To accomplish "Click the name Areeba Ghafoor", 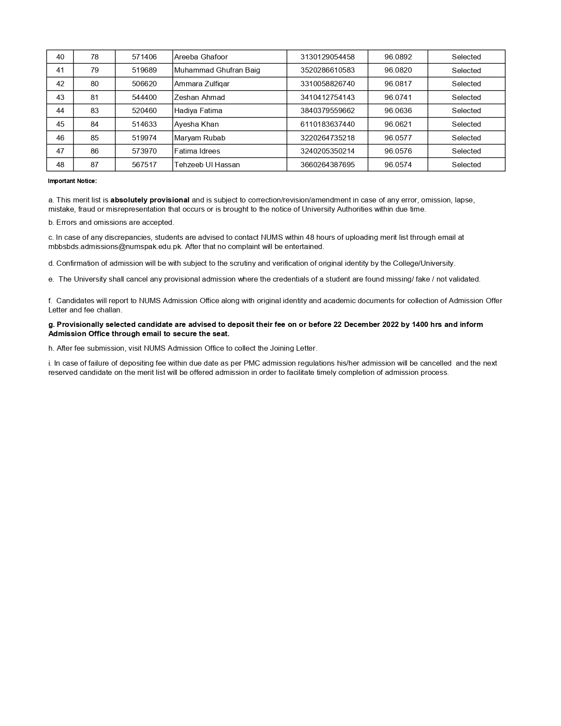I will [x=201, y=57].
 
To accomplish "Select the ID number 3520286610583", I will [x=327, y=70].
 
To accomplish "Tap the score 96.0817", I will [x=398, y=84].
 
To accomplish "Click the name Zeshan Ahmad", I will [x=199, y=97].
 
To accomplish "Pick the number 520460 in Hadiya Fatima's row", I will [x=144, y=110].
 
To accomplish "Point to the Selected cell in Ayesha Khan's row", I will [x=466, y=124].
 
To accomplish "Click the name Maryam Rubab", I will [x=200, y=138].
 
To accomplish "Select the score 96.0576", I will [x=398, y=151].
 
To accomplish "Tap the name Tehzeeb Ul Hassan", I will [x=207, y=165].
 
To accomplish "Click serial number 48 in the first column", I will [x=60, y=165].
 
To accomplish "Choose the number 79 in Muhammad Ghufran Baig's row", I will [x=94, y=70].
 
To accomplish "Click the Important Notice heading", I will [x=72, y=181].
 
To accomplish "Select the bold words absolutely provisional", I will [x=150, y=200].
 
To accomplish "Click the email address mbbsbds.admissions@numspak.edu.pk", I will [x=115, y=246].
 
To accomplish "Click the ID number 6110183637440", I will [x=327, y=124].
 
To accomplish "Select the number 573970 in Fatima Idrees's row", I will [x=144, y=151].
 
